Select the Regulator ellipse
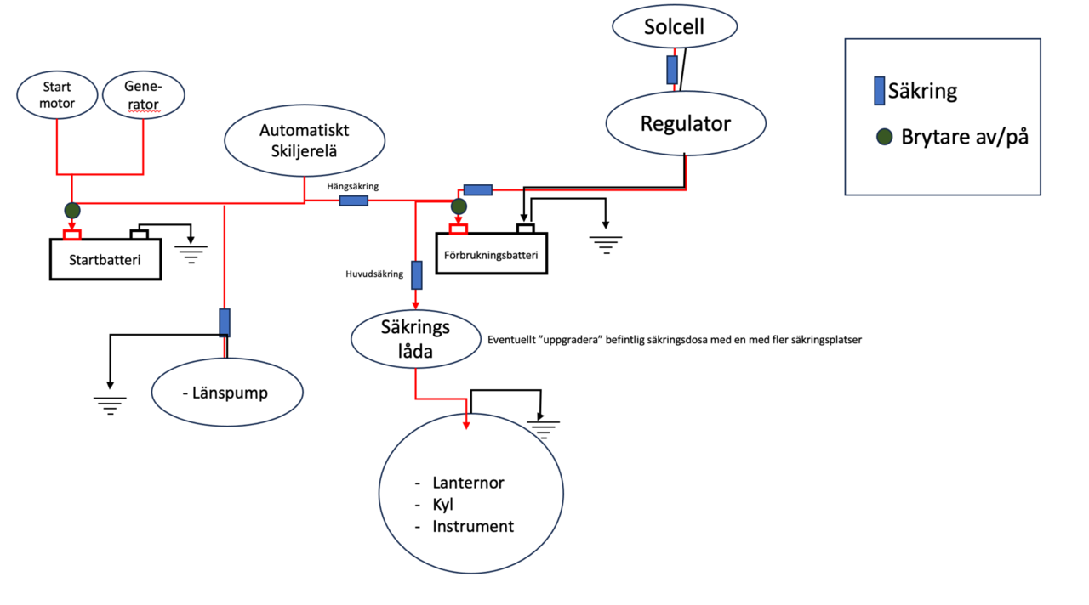pyautogui.click(x=686, y=123)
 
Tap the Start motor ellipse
pyautogui.click(x=58, y=95)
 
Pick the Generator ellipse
pyautogui.click(x=143, y=95)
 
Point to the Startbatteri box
pyautogui.click(x=105, y=259)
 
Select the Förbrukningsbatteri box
pyautogui.click(x=492, y=254)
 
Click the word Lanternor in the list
pyautogui.click(x=468, y=483)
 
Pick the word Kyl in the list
pyautogui.click(x=442, y=505)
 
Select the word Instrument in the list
pyautogui.click(x=473, y=527)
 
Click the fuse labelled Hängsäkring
pyautogui.click(x=354, y=201)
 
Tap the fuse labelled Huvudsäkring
pyautogui.click(x=417, y=275)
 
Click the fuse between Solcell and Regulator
pyautogui.click(x=672, y=70)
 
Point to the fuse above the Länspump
pyautogui.click(x=225, y=323)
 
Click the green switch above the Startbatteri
pyautogui.click(x=71, y=209)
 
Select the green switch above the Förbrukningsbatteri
pyautogui.click(x=459, y=206)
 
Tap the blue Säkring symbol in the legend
pyautogui.click(x=879, y=91)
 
